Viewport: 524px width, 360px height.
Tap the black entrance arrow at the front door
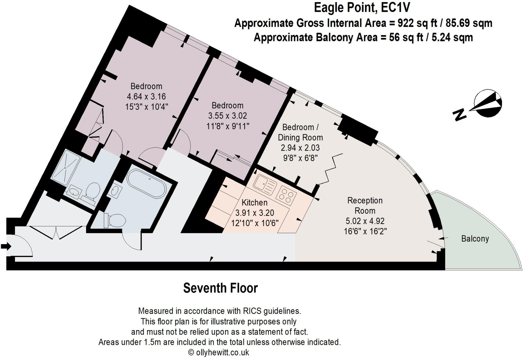6,247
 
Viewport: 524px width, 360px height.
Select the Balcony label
475,239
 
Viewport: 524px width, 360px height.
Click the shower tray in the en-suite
65,168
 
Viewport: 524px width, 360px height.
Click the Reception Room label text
365,206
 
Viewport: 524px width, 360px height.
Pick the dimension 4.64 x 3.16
146,97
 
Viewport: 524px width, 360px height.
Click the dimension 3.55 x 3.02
227,116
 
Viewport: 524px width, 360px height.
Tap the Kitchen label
254,203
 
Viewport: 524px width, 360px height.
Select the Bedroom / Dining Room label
300,132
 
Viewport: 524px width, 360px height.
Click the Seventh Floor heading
220,288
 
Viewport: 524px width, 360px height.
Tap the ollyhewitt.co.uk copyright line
219,352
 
